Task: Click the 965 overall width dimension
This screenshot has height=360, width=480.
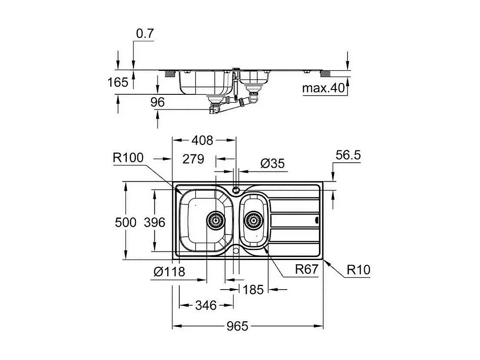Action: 238,326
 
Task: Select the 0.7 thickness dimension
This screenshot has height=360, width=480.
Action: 145,34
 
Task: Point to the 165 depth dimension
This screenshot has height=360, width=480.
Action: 119,82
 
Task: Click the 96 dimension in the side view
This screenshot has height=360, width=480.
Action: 157,102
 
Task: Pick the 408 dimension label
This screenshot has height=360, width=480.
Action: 203,140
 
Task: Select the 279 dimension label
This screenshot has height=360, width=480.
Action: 193,159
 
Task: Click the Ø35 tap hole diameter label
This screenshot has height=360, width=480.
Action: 272,163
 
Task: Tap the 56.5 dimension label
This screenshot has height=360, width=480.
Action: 348,155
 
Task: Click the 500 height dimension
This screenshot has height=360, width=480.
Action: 126,222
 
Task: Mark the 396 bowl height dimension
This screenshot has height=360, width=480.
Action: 154,222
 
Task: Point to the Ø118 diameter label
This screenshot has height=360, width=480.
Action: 169,272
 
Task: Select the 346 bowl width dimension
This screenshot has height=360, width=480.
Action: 205,305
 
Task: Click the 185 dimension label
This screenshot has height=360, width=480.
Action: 253,289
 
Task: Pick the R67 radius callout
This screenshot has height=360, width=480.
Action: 307,270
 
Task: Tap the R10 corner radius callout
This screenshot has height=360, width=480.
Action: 358,270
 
